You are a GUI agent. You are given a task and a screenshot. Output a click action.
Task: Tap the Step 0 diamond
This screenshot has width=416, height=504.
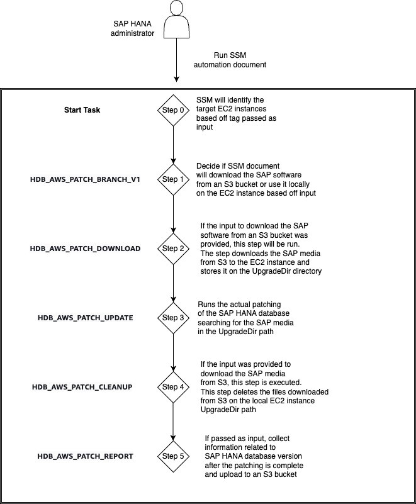coord(172,110)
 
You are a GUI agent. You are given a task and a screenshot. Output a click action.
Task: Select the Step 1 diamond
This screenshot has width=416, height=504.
coord(172,179)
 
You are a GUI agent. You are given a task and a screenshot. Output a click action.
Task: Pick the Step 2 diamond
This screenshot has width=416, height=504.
coord(172,249)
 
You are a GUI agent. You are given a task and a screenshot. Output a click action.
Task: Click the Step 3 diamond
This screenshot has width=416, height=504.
coord(172,318)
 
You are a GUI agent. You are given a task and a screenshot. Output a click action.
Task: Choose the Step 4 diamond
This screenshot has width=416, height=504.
coord(172,386)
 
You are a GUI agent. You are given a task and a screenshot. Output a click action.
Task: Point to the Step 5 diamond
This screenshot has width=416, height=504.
coord(172,456)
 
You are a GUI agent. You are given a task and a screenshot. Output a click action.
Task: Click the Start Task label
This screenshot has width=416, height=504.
coord(82,110)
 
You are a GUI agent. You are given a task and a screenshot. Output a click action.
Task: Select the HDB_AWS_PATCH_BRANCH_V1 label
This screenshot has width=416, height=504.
coord(85,179)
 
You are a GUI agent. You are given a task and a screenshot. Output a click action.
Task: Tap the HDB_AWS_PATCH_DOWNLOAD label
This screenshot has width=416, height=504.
coord(85,249)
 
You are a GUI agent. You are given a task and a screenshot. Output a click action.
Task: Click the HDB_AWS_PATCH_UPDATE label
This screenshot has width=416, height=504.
coord(85,318)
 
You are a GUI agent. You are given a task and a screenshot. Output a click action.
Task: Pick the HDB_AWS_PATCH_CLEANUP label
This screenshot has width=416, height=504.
coord(85,386)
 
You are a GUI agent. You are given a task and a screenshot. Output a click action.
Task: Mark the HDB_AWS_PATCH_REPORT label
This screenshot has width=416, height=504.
coord(85,456)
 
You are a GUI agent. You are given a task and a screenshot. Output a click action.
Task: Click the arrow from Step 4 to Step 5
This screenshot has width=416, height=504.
coord(172,421)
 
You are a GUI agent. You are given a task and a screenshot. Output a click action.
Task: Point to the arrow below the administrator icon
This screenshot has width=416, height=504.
coord(177,63)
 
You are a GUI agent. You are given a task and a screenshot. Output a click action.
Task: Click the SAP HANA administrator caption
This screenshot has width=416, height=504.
coord(132,28)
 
